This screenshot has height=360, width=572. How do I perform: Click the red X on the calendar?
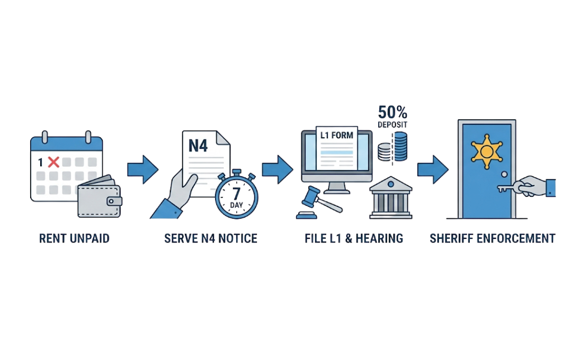(53, 162)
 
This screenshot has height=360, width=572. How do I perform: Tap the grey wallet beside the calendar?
(99, 199)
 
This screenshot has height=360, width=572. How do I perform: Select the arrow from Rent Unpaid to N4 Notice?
(142, 169)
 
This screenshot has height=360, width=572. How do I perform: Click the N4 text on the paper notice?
(198, 146)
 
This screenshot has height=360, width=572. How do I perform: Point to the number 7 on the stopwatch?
(236, 191)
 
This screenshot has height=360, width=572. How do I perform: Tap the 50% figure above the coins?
(392, 112)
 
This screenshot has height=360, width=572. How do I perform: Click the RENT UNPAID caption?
(74, 238)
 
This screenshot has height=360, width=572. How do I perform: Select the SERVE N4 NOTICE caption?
(210, 238)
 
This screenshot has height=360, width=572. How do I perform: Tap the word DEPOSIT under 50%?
(392, 126)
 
